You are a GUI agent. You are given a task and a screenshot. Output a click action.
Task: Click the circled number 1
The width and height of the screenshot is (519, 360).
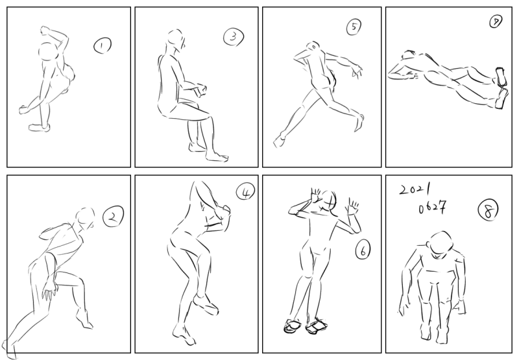pos(103,45)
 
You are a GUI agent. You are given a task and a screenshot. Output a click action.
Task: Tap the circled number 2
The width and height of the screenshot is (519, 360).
pos(113,216)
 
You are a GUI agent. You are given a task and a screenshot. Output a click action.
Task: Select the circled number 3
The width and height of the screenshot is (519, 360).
pos(234,37)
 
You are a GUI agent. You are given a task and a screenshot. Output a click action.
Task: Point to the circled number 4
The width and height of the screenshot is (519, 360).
pos(245,192)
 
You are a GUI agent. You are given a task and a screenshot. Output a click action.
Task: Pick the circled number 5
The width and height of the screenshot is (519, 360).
pos(354,27)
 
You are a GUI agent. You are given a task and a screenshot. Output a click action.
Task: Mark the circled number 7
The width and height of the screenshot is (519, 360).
pos(496,22)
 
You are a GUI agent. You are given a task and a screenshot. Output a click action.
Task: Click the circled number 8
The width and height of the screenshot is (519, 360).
pos(489,210)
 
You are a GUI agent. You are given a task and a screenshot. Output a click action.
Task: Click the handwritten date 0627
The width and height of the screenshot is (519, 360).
pos(432,208)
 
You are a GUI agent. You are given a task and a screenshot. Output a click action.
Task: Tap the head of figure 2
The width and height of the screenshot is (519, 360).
pos(85,219)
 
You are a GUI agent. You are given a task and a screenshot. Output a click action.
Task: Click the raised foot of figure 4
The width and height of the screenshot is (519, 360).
pos(206,304)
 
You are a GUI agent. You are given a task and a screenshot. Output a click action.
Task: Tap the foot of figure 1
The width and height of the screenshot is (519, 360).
pos(40,127)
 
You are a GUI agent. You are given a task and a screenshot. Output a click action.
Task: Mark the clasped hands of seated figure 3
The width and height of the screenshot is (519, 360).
pos(200,90)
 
